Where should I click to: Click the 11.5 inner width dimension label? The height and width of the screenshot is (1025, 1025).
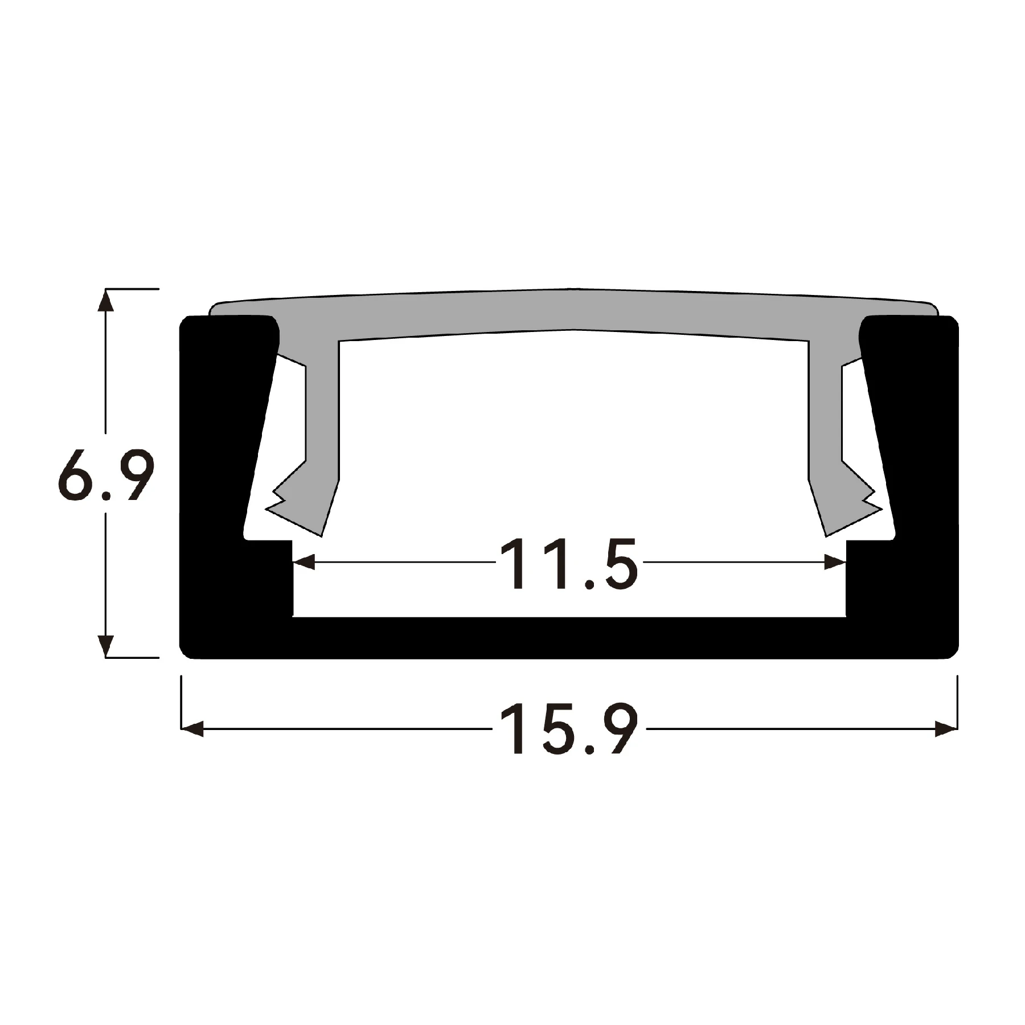(568, 564)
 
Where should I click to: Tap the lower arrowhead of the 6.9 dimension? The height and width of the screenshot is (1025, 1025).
(105, 645)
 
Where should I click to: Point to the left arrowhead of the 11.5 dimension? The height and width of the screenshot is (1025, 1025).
(304, 563)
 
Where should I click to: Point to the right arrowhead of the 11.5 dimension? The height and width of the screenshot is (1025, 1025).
(835, 563)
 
